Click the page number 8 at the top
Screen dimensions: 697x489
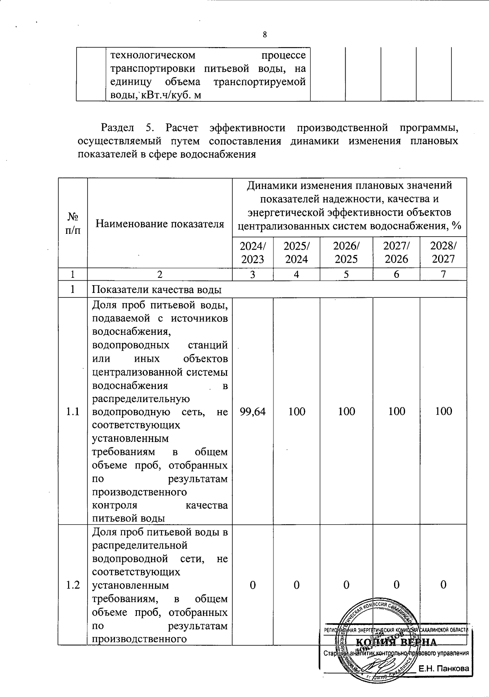tap(265, 35)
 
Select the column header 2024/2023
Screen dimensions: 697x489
tap(253, 252)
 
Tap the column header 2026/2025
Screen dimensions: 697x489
tap(346, 252)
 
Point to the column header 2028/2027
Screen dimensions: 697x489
tap(443, 252)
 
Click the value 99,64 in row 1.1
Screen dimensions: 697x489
tap(253, 411)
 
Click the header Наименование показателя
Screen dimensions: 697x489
tap(160, 223)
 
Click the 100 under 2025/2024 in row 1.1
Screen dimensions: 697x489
tap(297, 411)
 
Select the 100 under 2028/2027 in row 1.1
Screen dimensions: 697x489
tap(443, 411)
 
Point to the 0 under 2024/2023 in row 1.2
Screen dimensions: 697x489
tap(253, 585)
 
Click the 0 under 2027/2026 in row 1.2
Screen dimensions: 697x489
tap(396, 585)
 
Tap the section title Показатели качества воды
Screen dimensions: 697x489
tap(156, 290)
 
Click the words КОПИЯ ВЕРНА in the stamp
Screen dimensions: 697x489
tap(396, 642)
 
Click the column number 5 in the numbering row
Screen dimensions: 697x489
tap(346, 275)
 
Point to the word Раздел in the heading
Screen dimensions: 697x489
tap(117, 128)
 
